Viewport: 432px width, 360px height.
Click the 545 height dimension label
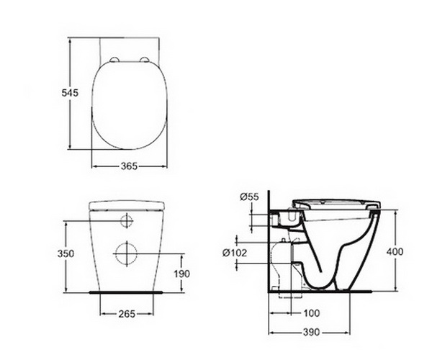[70, 93]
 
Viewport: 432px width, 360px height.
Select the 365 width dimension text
[129, 166]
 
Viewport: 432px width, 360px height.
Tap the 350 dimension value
[66, 253]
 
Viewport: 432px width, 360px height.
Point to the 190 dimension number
[182, 274]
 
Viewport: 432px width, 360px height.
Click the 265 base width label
[127, 314]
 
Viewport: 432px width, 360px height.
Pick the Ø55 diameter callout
[249, 197]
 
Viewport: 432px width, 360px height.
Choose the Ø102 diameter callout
[235, 253]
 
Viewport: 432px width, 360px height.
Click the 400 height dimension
[395, 251]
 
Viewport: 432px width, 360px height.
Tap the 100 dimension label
[312, 313]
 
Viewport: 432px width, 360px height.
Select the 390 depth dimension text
[312, 332]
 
